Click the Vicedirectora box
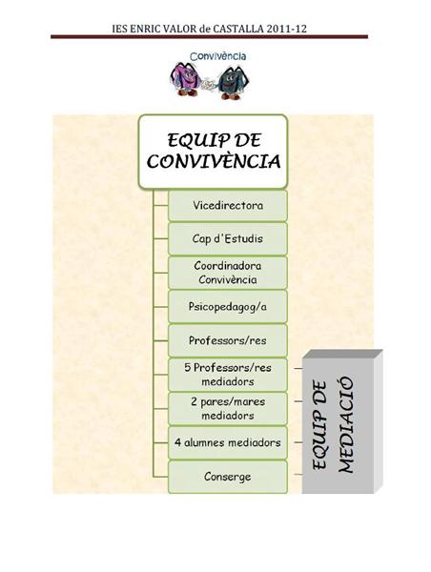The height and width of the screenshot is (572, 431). click(x=228, y=205)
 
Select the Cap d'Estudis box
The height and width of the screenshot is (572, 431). click(x=228, y=239)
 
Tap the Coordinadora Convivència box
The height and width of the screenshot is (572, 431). click(x=228, y=273)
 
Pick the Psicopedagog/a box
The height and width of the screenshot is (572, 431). click(x=228, y=306)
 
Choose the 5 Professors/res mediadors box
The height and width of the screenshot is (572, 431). click(x=228, y=375)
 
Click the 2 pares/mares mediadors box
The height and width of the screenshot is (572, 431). click(x=228, y=409)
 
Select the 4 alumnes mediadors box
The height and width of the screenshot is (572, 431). click(x=228, y=442)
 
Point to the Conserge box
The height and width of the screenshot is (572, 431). click(x=228, y=477)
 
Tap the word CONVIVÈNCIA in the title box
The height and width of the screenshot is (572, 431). click(x=214, y=161)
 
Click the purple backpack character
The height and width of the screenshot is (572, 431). click(x=185, y=79)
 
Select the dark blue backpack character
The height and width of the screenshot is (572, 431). click(x=233, y=82)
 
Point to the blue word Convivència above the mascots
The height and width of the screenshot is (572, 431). click(x=217, y=56)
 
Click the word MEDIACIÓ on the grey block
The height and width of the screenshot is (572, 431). click(x=346, y=425)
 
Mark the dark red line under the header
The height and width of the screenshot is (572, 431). click(x=209, y=36)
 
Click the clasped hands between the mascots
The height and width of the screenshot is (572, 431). click(x=209, y=85)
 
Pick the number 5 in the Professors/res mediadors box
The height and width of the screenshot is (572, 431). click(x=188, y=367)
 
